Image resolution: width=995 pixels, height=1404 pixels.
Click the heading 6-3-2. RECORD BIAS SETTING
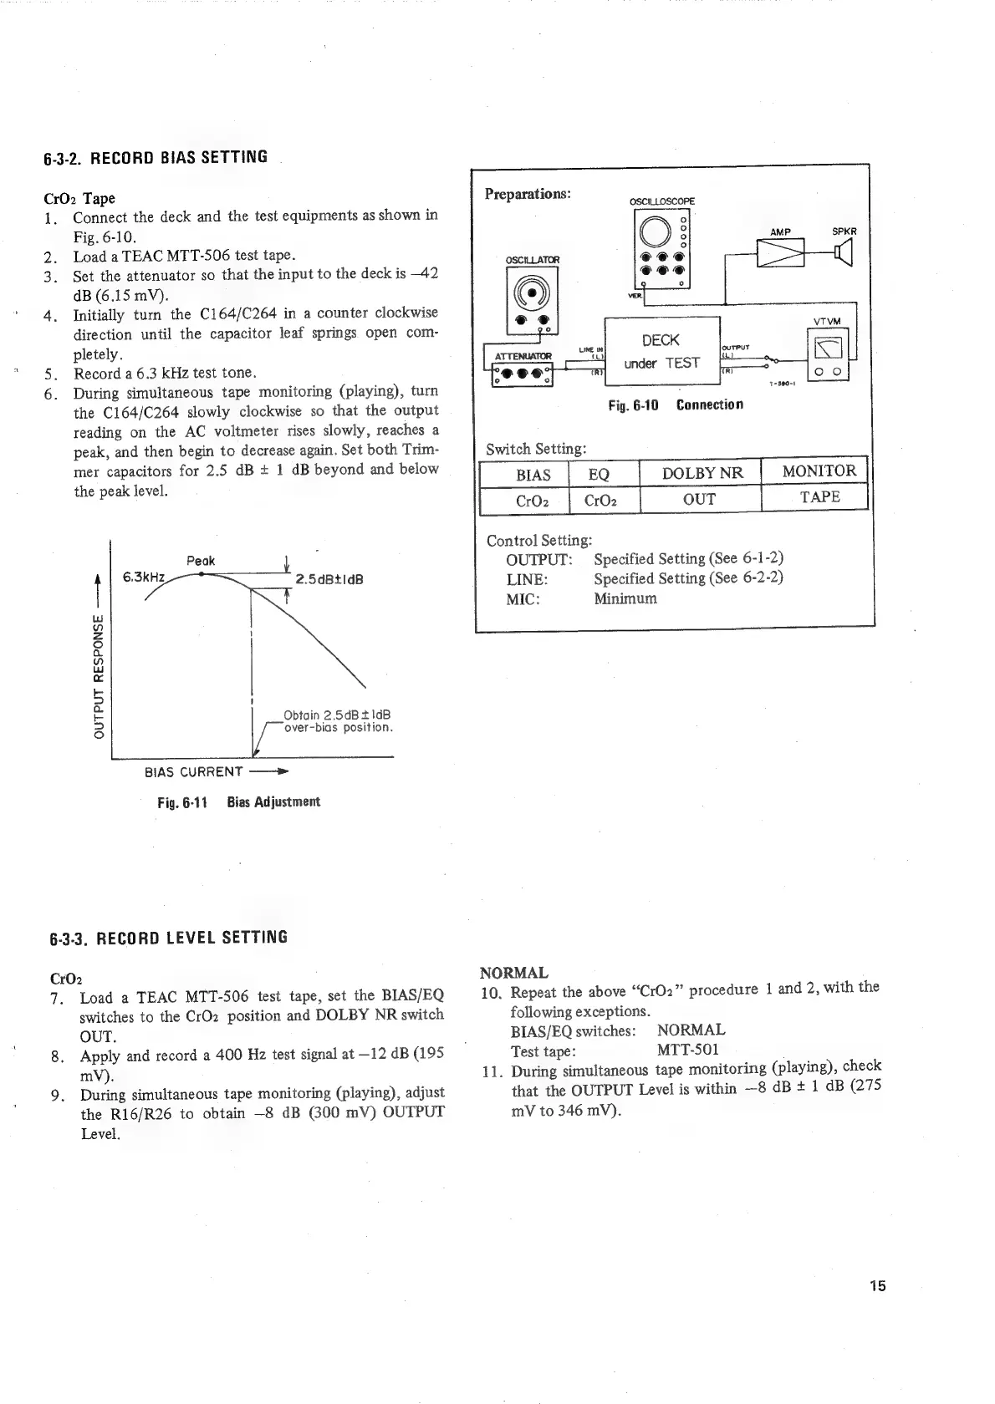click(x=156, y=157)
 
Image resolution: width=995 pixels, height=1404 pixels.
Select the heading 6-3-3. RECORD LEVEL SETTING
click(x=166, y=937)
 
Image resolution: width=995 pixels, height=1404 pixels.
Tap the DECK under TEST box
click(x=661, y=351)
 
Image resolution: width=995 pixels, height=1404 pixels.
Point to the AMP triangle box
click(x=779, y=252)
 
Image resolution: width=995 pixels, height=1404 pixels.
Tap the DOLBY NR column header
click(x=702, y=473)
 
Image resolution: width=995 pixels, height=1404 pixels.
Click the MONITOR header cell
click(x=819, y=471)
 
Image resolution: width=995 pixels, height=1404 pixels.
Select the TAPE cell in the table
click(x=819, y=497)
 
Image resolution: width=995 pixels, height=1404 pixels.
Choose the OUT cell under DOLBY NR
click(x=699, y=499)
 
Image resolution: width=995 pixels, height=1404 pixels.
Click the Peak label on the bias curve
click(x=201, y=561)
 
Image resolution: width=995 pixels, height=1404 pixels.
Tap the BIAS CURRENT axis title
click(x=194, y=771)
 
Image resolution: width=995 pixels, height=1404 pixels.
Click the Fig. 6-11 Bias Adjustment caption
click(x=238, y=802)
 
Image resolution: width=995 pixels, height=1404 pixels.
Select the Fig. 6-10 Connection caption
click(x=675, y=405)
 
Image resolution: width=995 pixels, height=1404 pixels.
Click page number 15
click(x=876, y=1286)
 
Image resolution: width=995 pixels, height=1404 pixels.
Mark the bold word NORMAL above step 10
click(x=514, y=973)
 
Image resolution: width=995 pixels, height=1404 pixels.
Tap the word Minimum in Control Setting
click(x=625, y=598)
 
